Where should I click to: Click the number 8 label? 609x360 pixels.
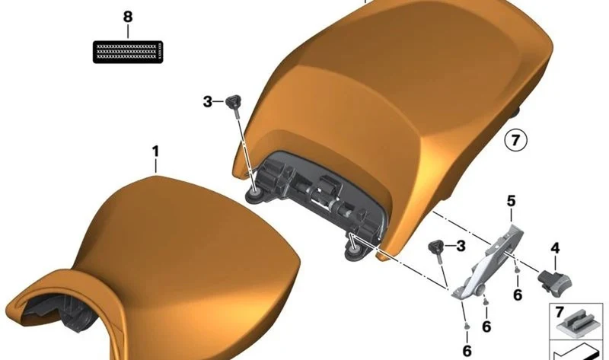128,17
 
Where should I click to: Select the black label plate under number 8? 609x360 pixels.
128,52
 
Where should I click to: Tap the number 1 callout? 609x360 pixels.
155,151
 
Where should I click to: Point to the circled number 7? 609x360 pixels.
516,140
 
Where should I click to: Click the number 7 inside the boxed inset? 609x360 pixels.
560,311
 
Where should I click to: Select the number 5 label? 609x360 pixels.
511,201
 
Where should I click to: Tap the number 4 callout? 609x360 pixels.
556,248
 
